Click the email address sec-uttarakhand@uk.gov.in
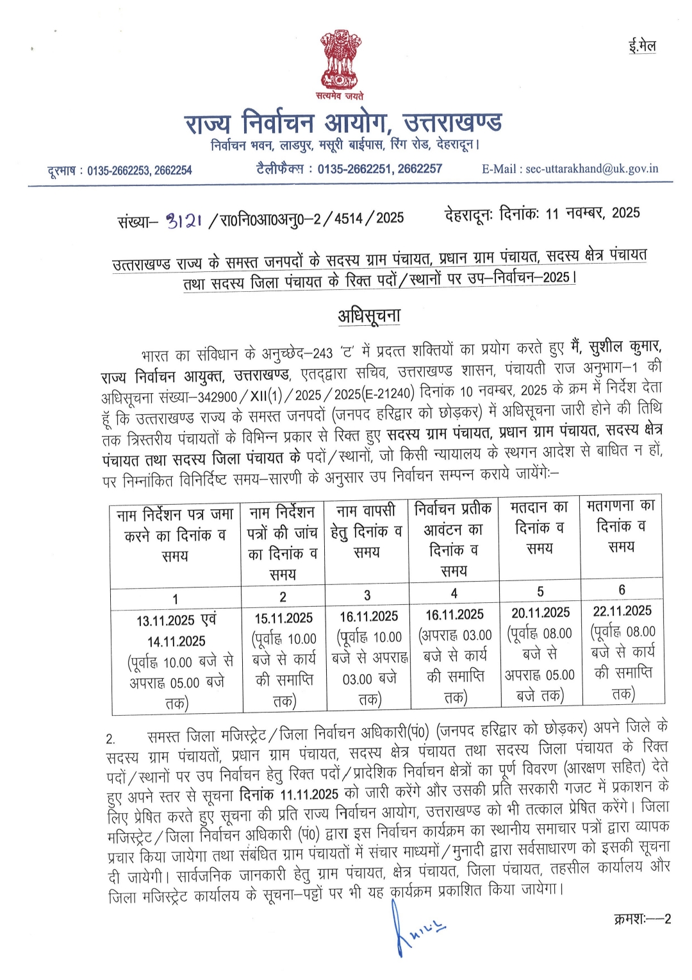click(x=591, y=169)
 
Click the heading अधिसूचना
click(x=369, y=316)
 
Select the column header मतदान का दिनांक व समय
click(x=540, y=528)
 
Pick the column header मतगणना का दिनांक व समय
click(x=621, y=525)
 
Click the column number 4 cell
click(x=454, y=593)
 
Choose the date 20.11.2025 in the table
click(x=540, y=613)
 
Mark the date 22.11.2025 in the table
click(x=622, y=611)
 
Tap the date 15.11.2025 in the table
click(x=283, y=618)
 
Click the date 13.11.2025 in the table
click(x=165, y=621)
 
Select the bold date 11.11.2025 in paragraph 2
click(x=309, y=794)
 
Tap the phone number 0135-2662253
click(x=117, y=171)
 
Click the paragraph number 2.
click(x=110, y=738)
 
